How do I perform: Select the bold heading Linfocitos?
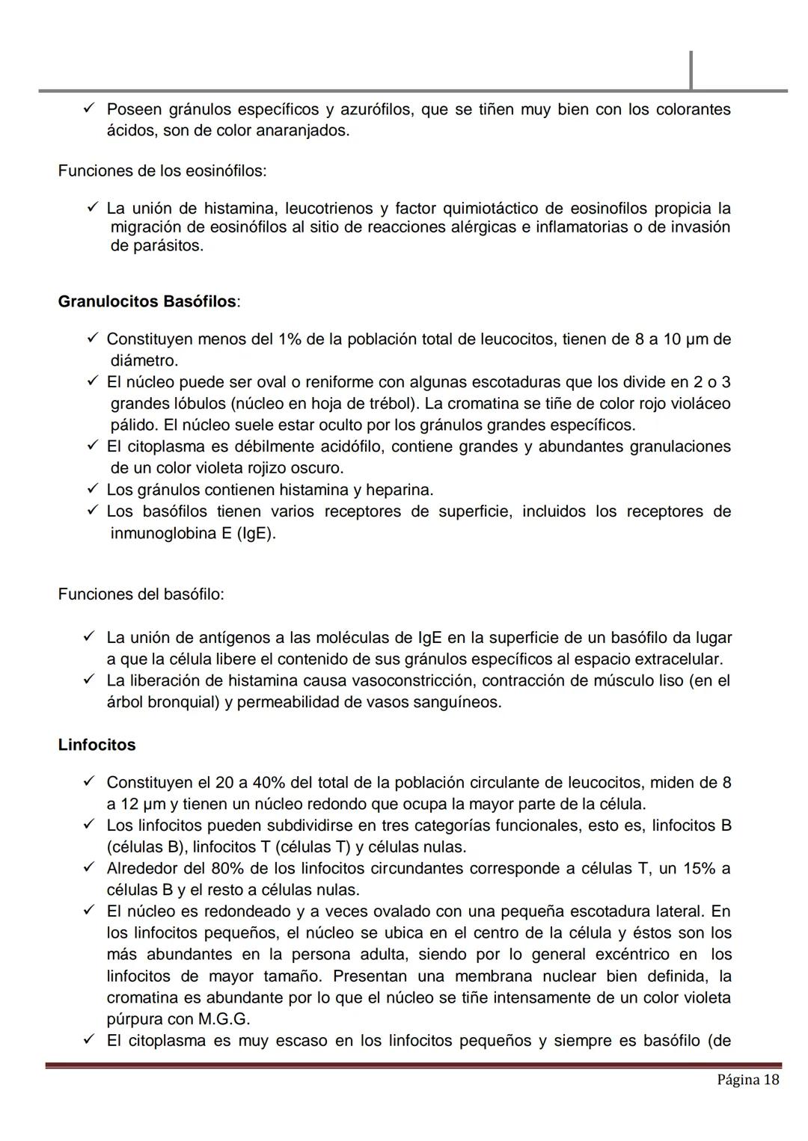click(97, 745)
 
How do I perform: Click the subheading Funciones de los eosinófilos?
click(162, 170)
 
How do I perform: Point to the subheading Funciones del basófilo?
click(141, 594)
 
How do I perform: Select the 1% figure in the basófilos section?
click(290, 339)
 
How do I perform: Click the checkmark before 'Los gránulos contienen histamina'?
click(93, 489)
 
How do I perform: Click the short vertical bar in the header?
click(691, 70)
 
